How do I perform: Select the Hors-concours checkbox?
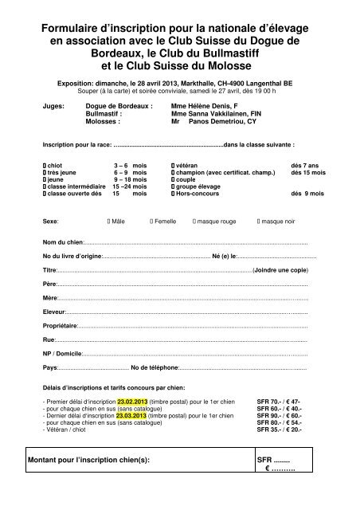(172, 194)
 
